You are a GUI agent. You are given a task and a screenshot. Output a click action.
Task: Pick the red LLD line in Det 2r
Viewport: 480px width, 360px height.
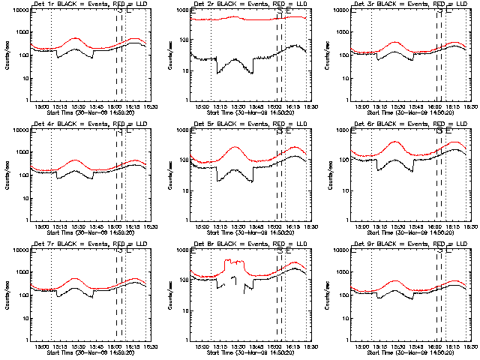click(240, 19)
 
